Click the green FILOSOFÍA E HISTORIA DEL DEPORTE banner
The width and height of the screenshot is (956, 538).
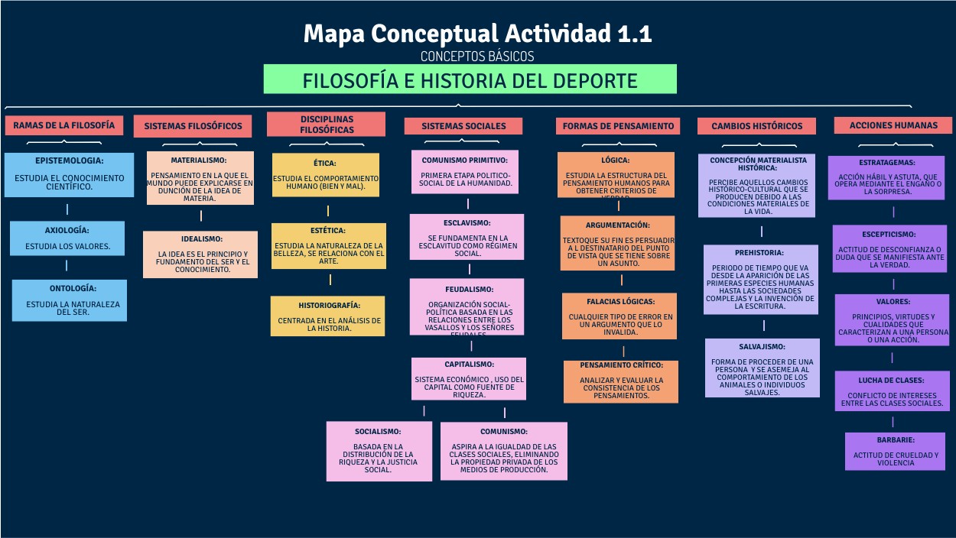tap(470, 79)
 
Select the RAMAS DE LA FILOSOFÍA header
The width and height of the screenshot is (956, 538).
tap(63, 125)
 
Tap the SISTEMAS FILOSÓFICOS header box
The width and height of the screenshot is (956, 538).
tap(193, 126)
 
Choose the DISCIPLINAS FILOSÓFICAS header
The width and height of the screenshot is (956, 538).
tap(326, 125)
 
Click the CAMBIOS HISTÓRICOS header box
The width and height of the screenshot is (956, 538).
tap(756, 126)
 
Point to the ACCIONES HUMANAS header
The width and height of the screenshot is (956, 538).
tap(893, 125)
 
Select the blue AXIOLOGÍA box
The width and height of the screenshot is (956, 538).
tap(67, 238)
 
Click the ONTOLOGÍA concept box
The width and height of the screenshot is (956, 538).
tap(70, 300)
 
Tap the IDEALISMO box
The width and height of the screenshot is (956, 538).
tap(200, 254)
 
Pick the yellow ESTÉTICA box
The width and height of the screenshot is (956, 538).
tap(329, 246)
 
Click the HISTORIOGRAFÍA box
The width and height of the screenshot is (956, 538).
tap(329, 316)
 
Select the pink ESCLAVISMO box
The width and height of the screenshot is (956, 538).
tap(467, 237)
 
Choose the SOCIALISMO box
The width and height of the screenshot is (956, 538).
tap(379, 451)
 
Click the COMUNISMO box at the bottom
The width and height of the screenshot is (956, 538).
tap(503, 451)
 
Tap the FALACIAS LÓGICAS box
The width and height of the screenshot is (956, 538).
tap(619, 316)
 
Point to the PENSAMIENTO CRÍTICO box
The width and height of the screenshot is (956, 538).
tap(621, 381)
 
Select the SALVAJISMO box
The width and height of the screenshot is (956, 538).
tap(761, 368)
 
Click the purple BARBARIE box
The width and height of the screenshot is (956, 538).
tap(895, 451)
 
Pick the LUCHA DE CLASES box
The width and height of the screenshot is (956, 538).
tap(892, 391)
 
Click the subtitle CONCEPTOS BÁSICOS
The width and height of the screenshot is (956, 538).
tap(477, 57)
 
